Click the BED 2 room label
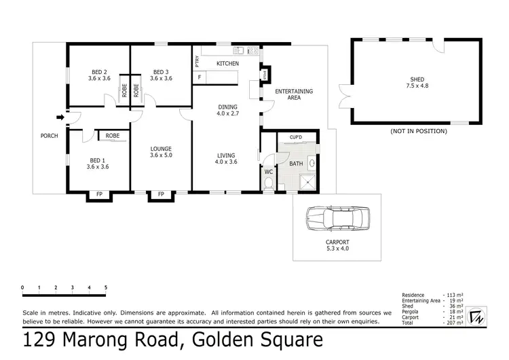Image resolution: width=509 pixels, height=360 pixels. click(x=99, y=75)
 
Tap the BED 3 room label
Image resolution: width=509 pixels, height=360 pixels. click(x=161, y=75)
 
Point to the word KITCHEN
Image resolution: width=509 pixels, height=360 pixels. click(x=227, y=63)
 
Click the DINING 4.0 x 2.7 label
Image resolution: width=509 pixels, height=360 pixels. click(x=227, y=110)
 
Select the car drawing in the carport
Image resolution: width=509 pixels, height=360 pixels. click(x=337, y=219)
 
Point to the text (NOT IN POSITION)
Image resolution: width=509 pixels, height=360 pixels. click(x=419, y=130)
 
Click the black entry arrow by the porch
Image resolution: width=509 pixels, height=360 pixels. click(x=60, y=118)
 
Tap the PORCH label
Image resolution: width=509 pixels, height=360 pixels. click(x=49, y=136)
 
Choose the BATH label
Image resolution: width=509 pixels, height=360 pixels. click(x=296, y=164)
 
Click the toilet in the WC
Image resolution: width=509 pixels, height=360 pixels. click(x=268, y=182)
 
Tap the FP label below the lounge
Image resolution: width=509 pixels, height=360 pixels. click(x=161, y=196)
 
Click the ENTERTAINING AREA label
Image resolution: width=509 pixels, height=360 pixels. click(x=294, y=94)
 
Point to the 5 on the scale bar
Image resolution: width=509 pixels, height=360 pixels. click(x=105, y=288)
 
